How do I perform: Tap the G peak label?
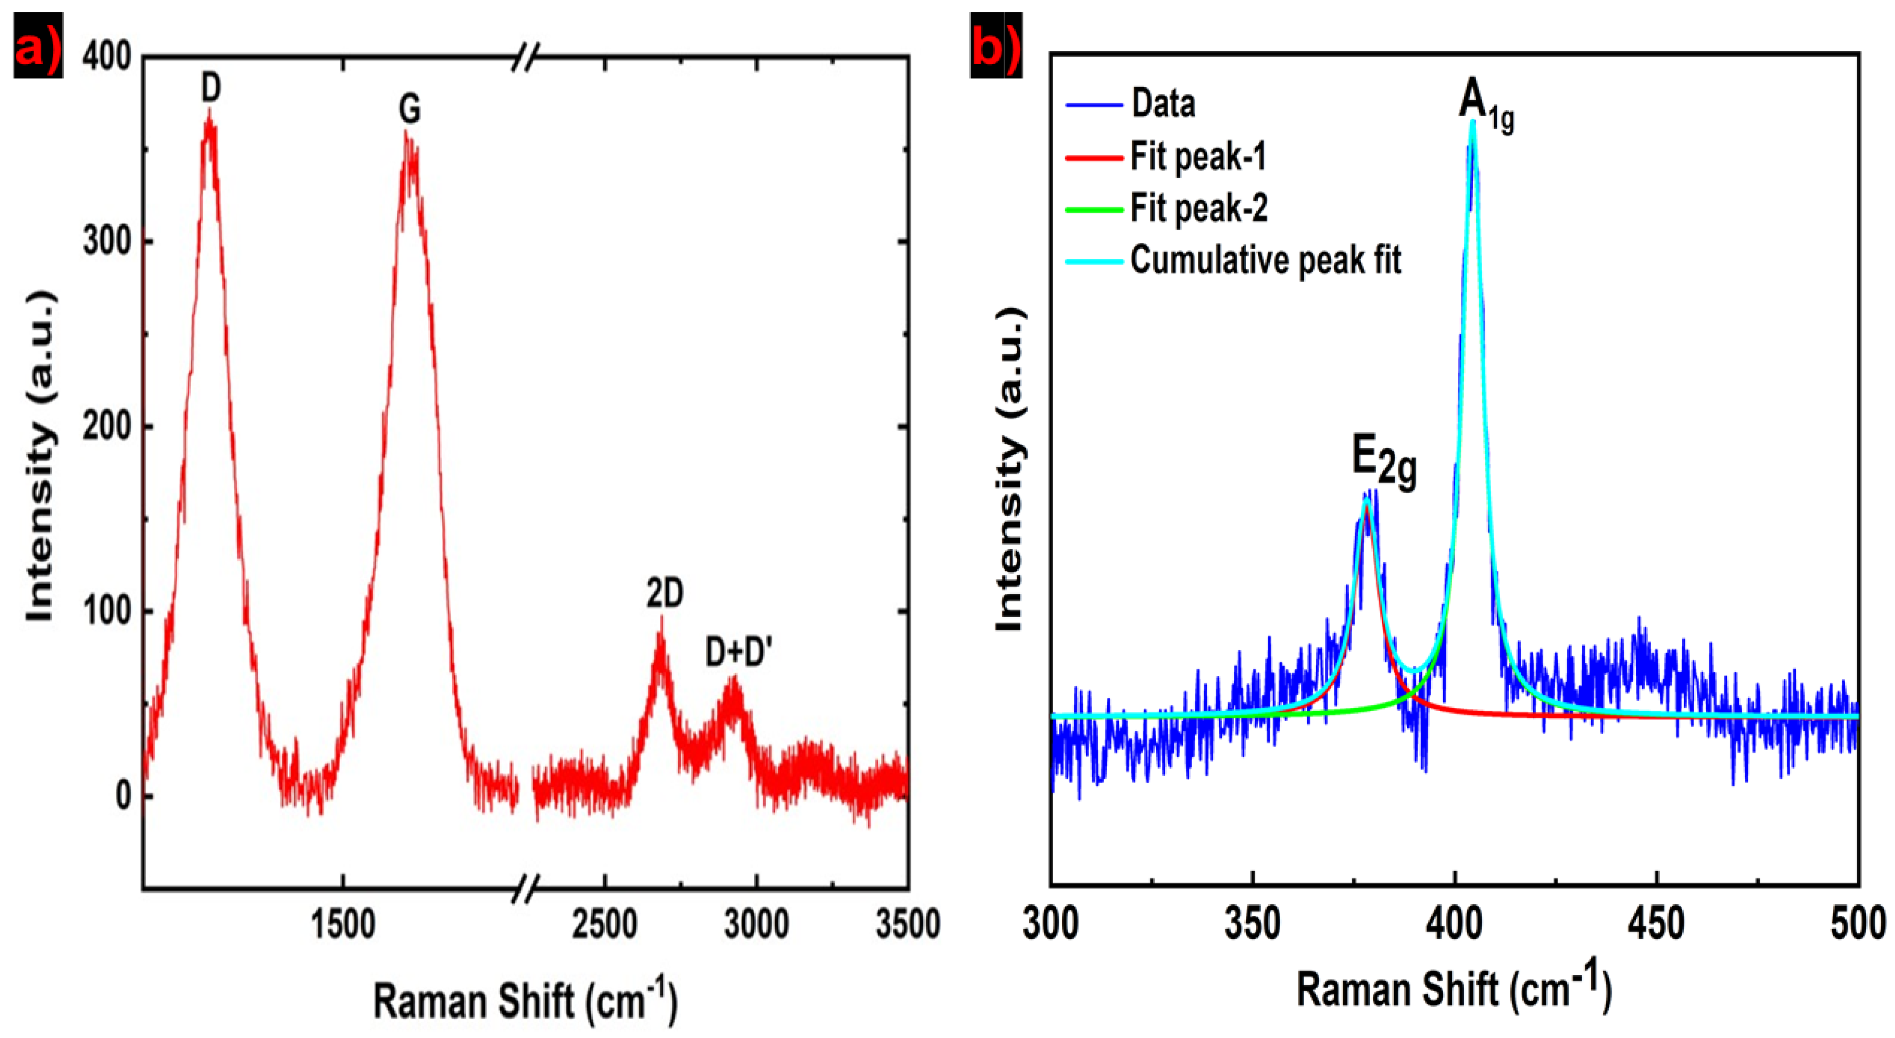(410, 110)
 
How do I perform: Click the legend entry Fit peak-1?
(1198, 157)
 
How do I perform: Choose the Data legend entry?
(1163, 104)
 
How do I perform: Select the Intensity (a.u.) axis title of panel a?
(40, 457)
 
